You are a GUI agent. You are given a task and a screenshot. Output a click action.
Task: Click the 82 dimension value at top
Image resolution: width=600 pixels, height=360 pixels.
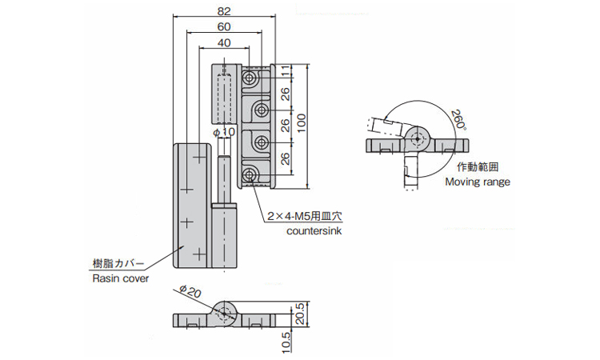tap(223, 11)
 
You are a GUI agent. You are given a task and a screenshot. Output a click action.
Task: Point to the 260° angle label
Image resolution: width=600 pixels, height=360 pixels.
tap(458, 120)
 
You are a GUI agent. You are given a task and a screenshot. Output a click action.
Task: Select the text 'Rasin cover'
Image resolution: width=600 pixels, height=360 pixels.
tap(118, 278)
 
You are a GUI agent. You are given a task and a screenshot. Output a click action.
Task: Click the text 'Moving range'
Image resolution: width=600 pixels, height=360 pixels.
tap(478, 182)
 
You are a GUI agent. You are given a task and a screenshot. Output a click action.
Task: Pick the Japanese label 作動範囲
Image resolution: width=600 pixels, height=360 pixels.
tap(478, 167)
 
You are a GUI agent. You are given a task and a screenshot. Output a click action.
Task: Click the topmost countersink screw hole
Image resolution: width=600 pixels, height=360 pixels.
tap(251, 78)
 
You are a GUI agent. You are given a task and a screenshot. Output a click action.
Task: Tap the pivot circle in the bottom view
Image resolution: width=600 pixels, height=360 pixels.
tap(226, 313)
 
